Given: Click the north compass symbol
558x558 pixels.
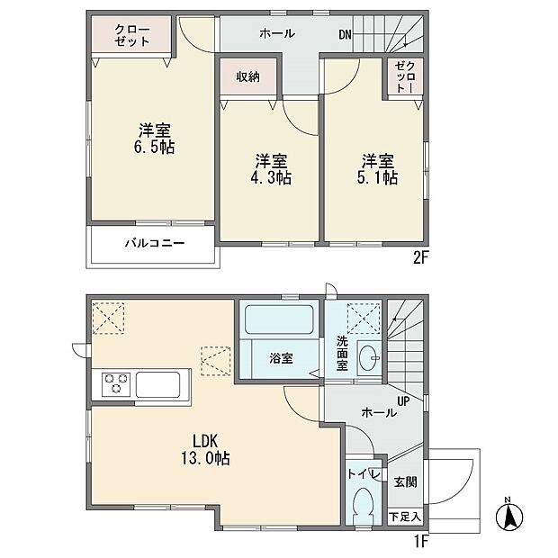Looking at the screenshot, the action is (x=509, y=515).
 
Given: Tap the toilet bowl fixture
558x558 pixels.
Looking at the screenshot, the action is (x=363, y=505).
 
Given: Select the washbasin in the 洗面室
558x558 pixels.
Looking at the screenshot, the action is (x=369, y=357).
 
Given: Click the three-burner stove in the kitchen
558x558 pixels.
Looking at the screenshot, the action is (x=114, y=384).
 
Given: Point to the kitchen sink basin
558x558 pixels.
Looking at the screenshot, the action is (x=157, y=384).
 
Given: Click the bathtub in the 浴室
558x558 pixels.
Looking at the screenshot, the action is (x=279, y=319).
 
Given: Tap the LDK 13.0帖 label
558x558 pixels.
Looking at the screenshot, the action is (x=205, y=449).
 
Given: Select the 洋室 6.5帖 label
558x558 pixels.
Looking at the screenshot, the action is (x=155, y=139).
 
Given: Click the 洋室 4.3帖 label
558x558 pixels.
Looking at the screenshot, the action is (x=271, y=169).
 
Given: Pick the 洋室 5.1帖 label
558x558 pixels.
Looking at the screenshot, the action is (x=377, y=169).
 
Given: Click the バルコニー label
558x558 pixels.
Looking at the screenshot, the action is (x=155, y=243).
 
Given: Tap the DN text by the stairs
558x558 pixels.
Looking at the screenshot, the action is (x=345, y=35).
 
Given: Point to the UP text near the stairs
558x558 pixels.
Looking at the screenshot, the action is (x=403, y=401).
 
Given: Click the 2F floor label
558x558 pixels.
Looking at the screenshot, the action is (x=420, y=257).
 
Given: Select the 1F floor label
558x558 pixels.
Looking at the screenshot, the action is (x=420, y=541).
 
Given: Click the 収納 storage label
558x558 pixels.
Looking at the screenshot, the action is (x=248, y=76).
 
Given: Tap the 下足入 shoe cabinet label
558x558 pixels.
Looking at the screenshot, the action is (x=405, y=517).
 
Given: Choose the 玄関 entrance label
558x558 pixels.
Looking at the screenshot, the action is (x=405, y=481).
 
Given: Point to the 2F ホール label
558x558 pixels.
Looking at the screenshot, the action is (x=277, y=33).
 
